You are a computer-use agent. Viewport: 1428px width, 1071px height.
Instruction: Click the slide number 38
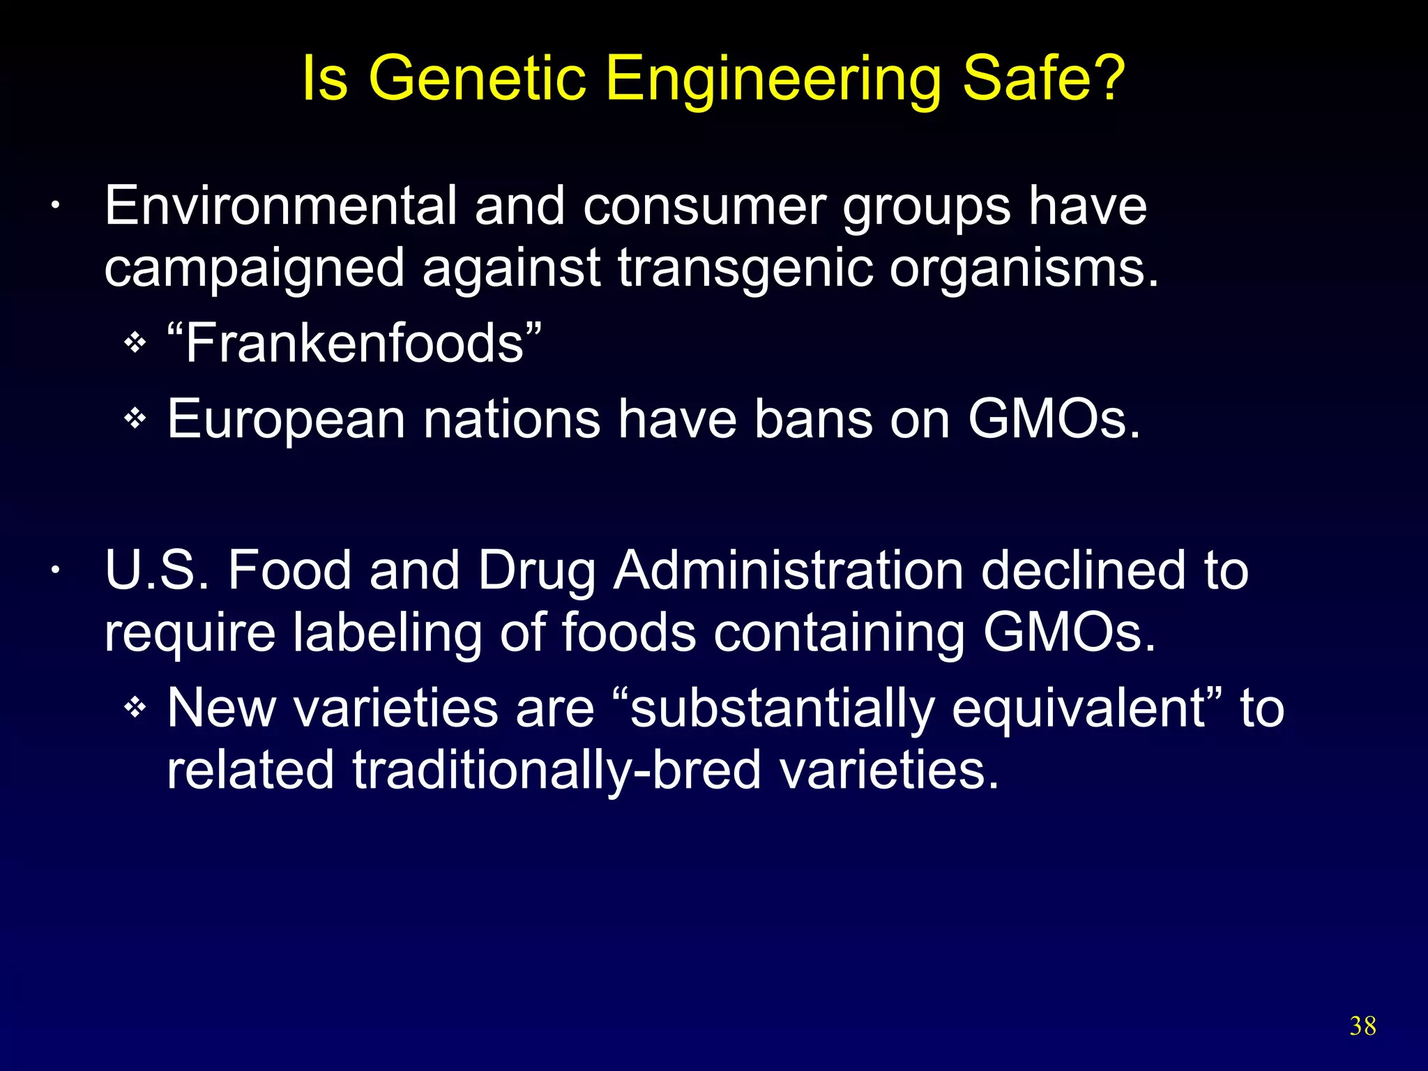(1362, 1026)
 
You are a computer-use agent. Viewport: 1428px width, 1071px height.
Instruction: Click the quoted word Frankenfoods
(354, 343)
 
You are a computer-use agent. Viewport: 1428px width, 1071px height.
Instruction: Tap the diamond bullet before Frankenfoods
(135, 343)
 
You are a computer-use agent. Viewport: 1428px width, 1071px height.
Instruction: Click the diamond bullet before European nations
(135, 419)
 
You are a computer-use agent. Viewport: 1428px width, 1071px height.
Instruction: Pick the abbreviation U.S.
(156, 570)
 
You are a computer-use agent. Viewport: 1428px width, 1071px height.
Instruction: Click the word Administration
(788, 570)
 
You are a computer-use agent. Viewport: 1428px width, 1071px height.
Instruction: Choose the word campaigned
(254, 268)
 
